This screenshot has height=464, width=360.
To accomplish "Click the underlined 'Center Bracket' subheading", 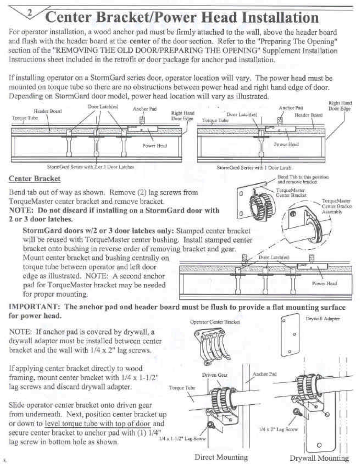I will click(34, 178).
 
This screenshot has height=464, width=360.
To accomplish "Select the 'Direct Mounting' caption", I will click(221, 457).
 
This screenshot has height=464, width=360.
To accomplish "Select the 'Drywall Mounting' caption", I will click(319, 458).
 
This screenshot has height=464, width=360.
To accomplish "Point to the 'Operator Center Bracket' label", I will click(215, 322).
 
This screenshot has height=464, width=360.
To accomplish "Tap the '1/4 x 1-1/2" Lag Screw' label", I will click(183, 438).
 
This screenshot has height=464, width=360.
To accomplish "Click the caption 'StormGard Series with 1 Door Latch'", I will click(254, 168).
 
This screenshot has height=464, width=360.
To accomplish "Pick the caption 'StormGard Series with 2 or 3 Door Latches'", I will click(90, 167).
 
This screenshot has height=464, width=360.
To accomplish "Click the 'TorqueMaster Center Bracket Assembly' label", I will click(336, 206).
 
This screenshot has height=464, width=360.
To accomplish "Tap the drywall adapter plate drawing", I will click(292, 334).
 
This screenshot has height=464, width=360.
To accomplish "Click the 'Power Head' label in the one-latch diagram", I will click(286, 144).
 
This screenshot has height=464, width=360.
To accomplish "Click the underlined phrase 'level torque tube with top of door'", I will click(97, 424).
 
